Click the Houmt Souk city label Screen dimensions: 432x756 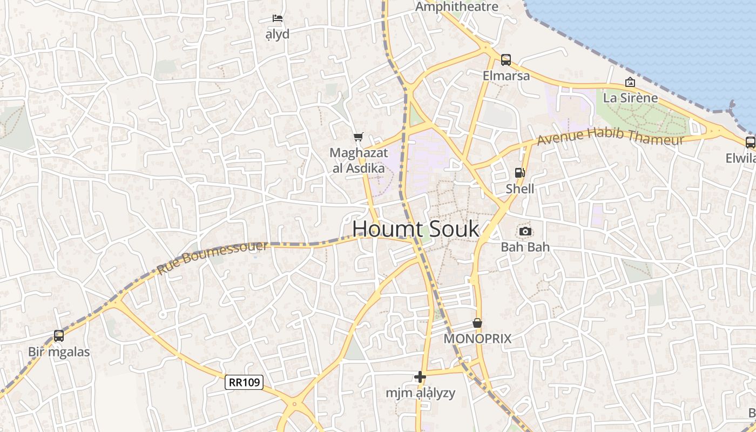(415, 229)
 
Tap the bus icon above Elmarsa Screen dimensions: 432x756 (506, 60)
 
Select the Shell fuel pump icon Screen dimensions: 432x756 (520, 173)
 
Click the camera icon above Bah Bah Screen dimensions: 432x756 (525, 232)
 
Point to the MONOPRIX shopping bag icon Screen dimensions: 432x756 (477, 323)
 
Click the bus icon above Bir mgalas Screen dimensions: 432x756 (59, 336)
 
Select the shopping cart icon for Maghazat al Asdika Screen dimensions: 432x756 (358, 137)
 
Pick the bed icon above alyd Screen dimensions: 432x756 (278, 18)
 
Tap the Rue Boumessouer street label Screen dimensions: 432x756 (213, 258)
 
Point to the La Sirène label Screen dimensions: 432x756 (630, 98)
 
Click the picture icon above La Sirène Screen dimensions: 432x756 (630, 82)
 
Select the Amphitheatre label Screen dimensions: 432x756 (457, 6)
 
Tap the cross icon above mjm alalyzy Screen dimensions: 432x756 (420, 377)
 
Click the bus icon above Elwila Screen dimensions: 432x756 (750, 143)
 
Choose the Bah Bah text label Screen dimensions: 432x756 (525, 247)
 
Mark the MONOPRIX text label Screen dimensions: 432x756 (477, 339)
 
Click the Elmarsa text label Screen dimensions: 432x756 (506, 76)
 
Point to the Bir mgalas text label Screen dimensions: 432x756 (59, 352)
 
